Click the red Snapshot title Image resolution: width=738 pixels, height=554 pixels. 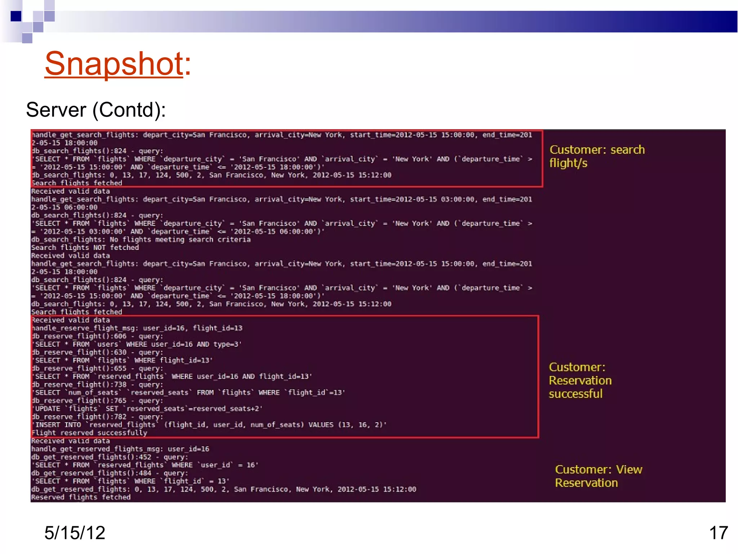coord(117,64)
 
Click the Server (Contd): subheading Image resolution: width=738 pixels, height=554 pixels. coord(96,110)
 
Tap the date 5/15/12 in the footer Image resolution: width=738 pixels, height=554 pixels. coord(75,533)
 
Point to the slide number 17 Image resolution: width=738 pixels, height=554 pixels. coord(718,533)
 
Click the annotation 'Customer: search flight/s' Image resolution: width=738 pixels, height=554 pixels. coord(597,156)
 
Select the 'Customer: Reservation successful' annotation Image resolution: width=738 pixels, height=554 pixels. coord(580,381)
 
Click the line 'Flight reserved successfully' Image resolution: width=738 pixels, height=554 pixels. coord(89,433)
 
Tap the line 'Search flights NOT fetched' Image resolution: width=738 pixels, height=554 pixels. coord(85,248)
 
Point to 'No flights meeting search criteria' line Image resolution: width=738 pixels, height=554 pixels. coord(141,240)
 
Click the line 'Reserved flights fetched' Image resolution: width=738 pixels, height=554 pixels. coord(81,497)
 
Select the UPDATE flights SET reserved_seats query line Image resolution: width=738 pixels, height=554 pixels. coord(148,409)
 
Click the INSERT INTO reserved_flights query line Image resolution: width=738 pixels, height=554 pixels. coord(209,425)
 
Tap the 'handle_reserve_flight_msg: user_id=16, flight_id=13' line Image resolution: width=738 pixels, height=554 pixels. coord(137,328)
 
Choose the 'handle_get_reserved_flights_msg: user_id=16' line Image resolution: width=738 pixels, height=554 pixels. coord(120,449)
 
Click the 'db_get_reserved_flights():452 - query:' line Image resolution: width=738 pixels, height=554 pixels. coord(110,457)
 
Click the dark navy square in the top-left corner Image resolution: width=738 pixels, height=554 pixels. coord(16,16)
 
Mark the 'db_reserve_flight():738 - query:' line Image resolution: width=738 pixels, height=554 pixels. coord(97,385)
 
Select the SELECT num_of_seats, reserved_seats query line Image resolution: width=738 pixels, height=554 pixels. coord(188,393)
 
